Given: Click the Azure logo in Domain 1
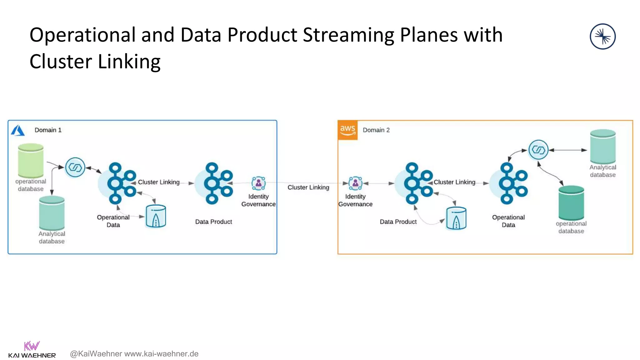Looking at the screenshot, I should (18, 130).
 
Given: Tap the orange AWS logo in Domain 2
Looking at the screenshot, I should (347, 130).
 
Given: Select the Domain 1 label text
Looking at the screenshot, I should (48, 130).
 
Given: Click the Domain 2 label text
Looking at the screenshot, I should (376, 130).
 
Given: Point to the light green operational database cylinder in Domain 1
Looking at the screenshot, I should (31, 161).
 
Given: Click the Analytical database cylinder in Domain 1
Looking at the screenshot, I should (52, 213).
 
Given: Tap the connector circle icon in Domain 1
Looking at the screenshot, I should (75, 167).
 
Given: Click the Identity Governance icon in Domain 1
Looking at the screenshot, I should (258, 183).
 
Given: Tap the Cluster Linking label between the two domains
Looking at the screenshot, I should (308, 187).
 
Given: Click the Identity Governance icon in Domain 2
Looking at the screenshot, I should (355, 183).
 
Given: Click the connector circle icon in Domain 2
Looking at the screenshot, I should (538, 150).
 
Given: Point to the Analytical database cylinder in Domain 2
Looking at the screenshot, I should (602, 147).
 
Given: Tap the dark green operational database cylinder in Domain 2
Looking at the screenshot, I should (571, 203).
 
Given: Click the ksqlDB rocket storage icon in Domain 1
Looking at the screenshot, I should (156, 216).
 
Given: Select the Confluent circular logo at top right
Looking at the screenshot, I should (602, 37).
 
